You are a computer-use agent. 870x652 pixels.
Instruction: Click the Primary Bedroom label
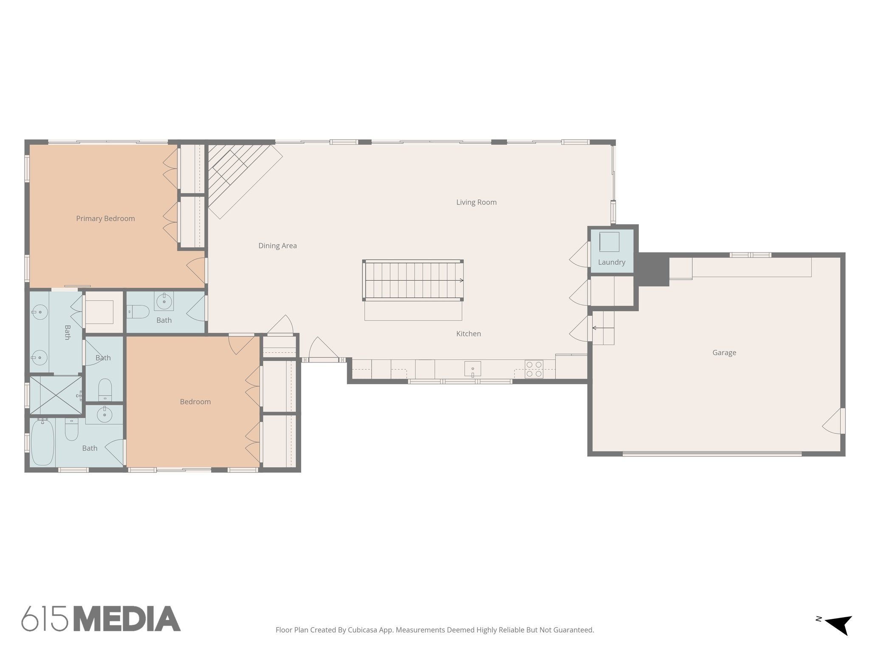pos(105,219)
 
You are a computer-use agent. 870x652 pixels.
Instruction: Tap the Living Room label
pos(476,202)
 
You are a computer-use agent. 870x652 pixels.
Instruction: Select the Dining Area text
pos(277,246)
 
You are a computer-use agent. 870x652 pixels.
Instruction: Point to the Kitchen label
pos(469,334)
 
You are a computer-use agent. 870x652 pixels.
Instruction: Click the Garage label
pos(724,353)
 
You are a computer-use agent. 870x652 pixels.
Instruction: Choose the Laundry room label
pos(611,262)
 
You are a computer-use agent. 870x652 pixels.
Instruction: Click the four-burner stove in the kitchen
pos(534,369)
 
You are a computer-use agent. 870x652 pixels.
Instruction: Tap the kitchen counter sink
pos(472,369)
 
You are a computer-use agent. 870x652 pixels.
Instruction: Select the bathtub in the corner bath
pos(42,442)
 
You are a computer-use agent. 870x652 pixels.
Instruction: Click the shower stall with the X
pos(55,395)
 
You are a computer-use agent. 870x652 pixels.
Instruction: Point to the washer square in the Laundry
pos(609,242)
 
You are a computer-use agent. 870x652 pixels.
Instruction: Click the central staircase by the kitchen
pos(413,281)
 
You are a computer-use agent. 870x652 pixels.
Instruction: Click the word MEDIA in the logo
pos(127,619)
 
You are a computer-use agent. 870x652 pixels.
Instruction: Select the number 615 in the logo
pos(45,619)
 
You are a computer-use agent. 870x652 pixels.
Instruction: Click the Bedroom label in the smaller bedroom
pos(195,402)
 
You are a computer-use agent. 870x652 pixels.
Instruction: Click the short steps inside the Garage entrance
pos(603,328)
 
